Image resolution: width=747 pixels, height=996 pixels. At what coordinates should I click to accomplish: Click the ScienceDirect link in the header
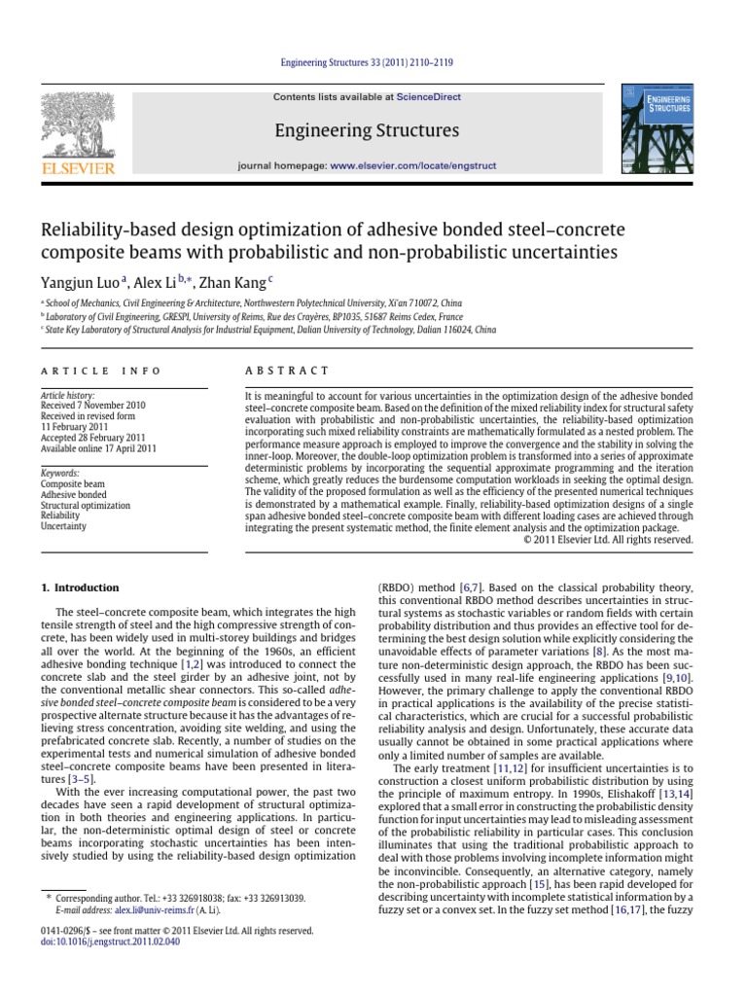pos(427,97)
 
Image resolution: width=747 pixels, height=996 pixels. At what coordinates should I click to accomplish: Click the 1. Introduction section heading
pos(79,587)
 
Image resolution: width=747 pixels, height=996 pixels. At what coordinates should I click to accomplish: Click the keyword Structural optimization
pos(85,506)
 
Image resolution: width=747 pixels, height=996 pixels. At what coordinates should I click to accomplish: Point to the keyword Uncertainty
pos(63,527)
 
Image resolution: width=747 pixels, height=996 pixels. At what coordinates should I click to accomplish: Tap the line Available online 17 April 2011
pos(97,449)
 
